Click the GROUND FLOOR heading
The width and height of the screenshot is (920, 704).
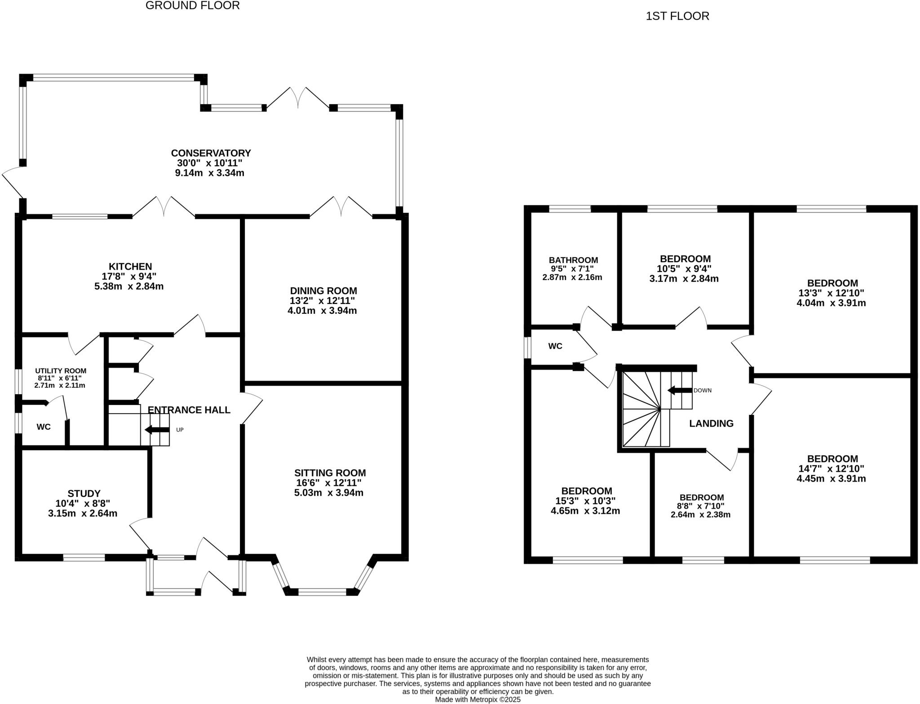[x=192, y=6]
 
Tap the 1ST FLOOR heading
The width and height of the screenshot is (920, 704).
[x=677, y=17]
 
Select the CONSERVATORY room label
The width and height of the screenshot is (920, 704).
[x=210, y=153]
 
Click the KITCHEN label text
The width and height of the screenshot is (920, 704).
[x=130, y=267]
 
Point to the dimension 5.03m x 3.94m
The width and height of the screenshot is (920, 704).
[x=329, y=493]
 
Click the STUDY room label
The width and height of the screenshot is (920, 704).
[x=84, y=494]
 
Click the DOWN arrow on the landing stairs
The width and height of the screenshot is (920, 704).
[x=679, y=390]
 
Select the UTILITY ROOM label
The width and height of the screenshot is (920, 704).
[x=61, y=371]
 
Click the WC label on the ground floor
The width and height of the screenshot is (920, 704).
[x=44, y=427]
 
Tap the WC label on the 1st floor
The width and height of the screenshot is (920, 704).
[x=555, y=346]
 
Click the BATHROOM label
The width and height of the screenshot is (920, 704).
[x=573, y=260]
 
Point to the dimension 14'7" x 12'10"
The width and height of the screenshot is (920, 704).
[x=831, y=469]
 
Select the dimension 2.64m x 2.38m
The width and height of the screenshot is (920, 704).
[x=700, y=515]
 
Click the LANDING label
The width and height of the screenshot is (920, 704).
[x=711, y=423]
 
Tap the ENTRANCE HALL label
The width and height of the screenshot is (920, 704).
[x=189, y=410]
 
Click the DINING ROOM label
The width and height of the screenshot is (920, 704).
[x=323, y=291]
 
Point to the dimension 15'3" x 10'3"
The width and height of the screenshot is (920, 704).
[x=585, y=501]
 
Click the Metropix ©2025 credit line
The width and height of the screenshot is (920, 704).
[x=478, y=700]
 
